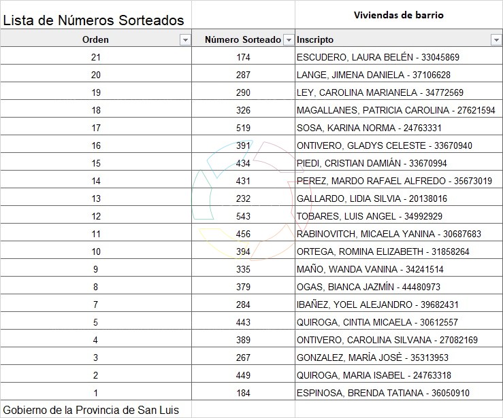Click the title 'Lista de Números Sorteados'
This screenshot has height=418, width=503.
[93, 20]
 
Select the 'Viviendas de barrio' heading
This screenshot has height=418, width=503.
[399, 15]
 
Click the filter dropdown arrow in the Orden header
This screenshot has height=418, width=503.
[184, 40]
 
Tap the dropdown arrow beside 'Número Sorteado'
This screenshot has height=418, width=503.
[289, 40]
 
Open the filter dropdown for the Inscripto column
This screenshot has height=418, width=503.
[496, 40]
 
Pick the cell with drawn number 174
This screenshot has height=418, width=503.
[243, 57]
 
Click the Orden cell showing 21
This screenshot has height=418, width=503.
[95, 57]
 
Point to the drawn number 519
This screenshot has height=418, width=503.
[243, 128]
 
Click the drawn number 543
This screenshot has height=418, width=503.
[243, 216]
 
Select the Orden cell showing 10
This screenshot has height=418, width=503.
[95, 251]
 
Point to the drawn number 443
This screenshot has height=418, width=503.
[243, 322]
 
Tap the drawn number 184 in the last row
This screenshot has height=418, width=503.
[243, 393]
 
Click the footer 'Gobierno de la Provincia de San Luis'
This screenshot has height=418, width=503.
[91, 410]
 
